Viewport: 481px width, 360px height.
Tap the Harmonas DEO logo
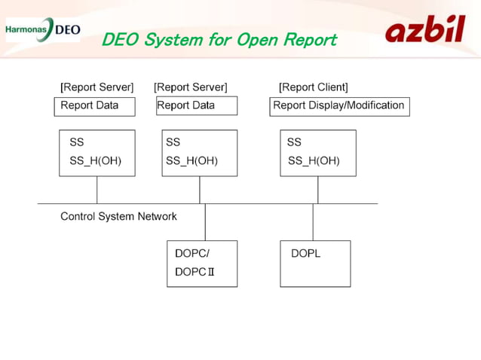(x=42, y=30)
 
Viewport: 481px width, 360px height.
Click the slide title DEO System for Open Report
(x=219, y=40)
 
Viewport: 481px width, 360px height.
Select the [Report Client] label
(x=313, y=87)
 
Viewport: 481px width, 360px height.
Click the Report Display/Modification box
(x=339, y=106)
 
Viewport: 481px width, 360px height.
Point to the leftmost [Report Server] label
(x=97, y=87)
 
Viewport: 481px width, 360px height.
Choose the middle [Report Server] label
(x=190, y=87)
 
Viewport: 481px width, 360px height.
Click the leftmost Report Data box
(x=94, y=106)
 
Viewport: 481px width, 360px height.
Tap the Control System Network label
(x=118, y=217)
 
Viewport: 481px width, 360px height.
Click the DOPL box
(x=315, y=264)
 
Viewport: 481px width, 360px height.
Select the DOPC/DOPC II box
(x=202, y=264)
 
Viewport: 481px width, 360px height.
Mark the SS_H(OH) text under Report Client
(x=314, y=161)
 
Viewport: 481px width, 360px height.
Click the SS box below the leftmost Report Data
(x=97, y=153)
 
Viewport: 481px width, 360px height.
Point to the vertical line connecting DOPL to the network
(x=313, y=222)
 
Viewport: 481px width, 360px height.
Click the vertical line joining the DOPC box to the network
(x=205, y=222)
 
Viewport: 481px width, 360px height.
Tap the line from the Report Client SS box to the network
(x=317, y=190)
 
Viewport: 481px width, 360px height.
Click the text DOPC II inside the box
(x=195, y=272)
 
